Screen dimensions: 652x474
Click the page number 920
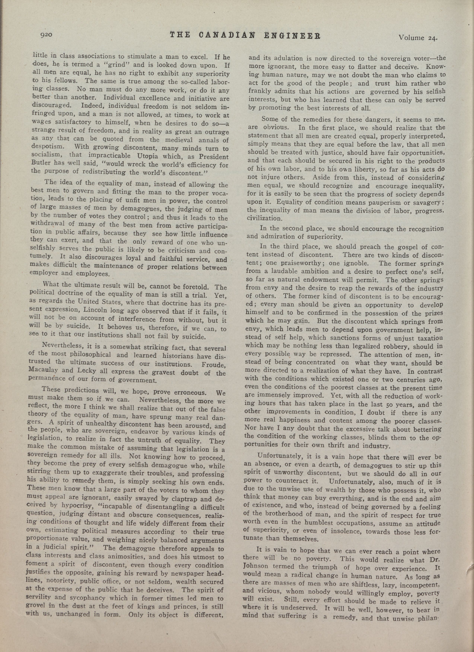point(46,35)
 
